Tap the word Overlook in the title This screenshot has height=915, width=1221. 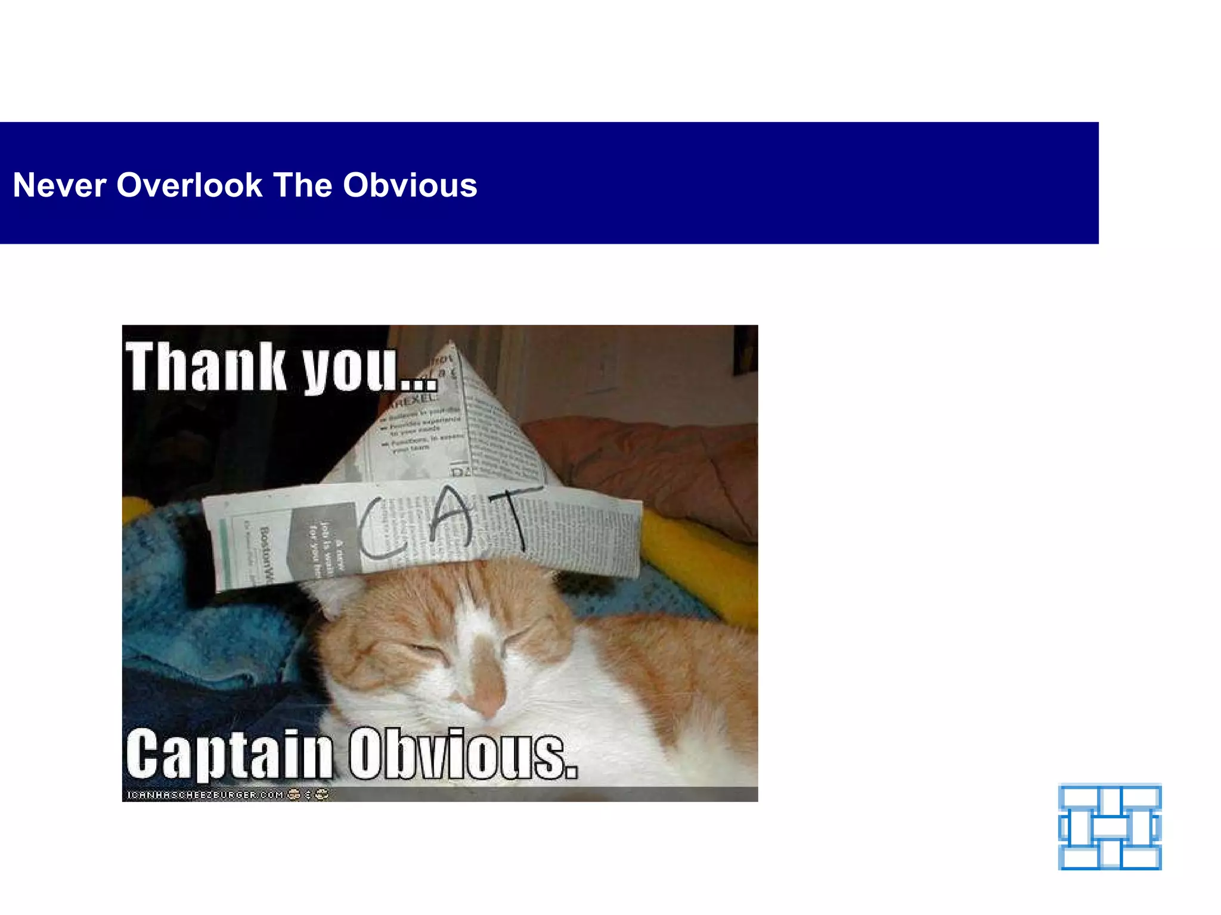tap(190, 185)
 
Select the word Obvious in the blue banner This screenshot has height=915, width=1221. tap(410, 185)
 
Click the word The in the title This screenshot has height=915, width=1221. tap(302, 185)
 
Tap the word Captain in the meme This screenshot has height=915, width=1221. tap(230, 755)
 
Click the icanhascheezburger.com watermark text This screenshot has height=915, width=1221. tap(206, 795)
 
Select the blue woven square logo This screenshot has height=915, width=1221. tap(1110, 826)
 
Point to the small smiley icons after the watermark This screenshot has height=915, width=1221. tap(308, 794)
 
